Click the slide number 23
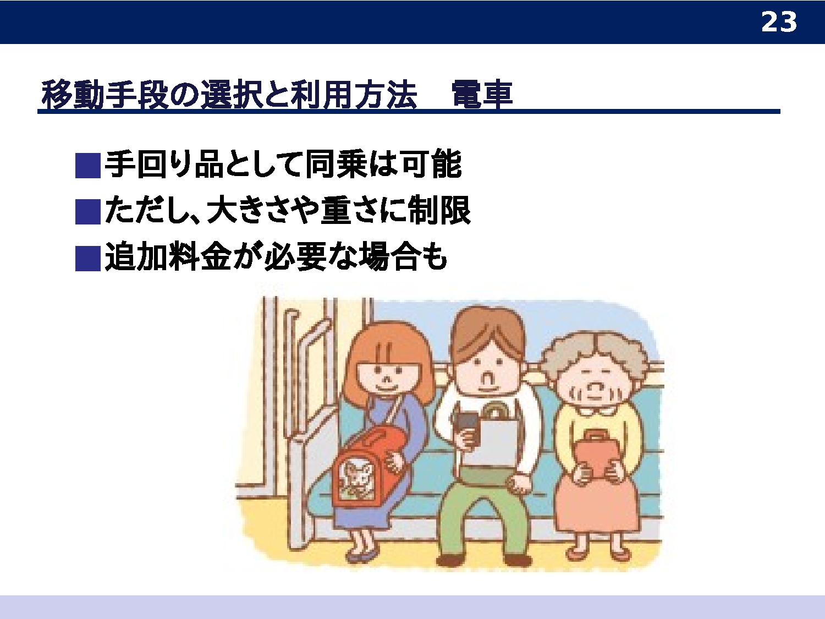[x=779, y=22]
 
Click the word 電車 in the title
[x=482, y=94]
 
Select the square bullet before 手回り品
[x=87, y=166]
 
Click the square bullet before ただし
[x=87, y=212]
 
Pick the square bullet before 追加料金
[x=87, y=259]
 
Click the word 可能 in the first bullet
[x=432, y=164]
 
